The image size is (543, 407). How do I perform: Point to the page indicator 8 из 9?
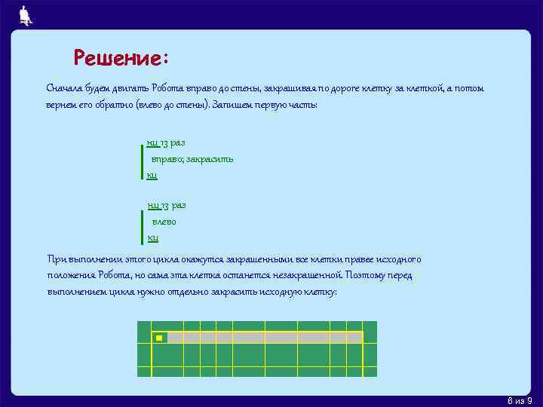[x=520, y=399]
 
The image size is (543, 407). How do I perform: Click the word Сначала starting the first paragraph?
[x=65, y=89]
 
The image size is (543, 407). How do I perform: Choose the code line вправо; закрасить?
[x=192, y=159]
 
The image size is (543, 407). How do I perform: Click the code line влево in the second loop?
[x=164, y=222]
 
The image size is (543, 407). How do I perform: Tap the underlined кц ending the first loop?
[x=152, y=175]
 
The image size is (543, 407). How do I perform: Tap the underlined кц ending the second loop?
[x=152, y=238]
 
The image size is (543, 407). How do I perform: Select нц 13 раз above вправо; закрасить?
[x=166, y=142]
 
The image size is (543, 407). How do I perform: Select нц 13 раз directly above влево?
[x=166, y=205]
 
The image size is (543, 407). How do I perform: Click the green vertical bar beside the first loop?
[x=142, y=159]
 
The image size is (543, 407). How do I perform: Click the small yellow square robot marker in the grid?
[x=159, y=338]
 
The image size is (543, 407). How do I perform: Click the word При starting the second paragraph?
[x=55, y=259]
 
